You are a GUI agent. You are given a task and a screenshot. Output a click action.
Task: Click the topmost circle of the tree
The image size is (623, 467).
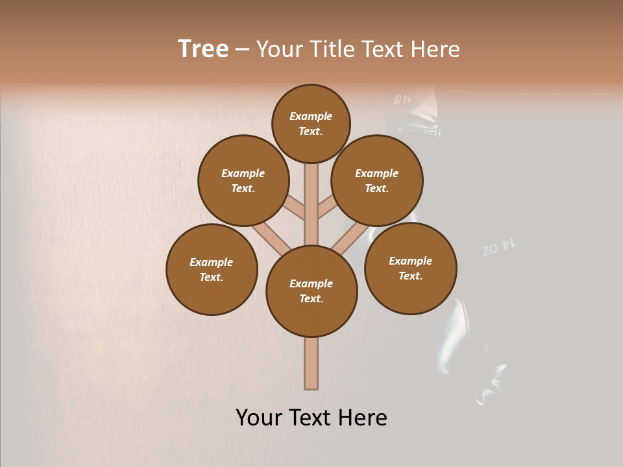[x=311, y=123]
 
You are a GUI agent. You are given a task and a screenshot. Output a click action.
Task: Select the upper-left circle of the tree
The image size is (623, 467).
[x=243, y=180]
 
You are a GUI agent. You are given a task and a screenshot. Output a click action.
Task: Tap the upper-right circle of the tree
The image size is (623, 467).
[x=377, y=180]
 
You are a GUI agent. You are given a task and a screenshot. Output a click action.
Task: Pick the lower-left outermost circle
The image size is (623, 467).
[x=212, y=269]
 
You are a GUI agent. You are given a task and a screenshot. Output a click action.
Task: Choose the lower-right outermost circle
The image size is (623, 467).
[x=411, y=268]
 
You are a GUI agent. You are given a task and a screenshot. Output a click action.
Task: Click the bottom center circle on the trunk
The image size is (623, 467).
[x=311, y=291]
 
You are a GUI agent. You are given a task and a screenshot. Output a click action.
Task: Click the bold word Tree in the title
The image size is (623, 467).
[x=203, y=49]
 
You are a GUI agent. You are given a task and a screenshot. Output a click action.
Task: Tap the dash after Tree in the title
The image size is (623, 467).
[x=242, y=50]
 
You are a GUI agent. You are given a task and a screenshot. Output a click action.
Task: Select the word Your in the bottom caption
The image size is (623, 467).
[x=260, y=418]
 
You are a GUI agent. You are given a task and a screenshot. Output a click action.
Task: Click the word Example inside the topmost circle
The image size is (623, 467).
[x=311, y=116]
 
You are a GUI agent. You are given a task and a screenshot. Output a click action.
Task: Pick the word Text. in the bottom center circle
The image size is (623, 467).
[x=311, y=298]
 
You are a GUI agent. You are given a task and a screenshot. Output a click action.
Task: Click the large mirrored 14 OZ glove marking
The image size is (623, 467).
[x=498, y=247]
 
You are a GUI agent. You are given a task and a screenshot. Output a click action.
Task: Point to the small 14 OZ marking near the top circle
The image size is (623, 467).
[x=402, y=99]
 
